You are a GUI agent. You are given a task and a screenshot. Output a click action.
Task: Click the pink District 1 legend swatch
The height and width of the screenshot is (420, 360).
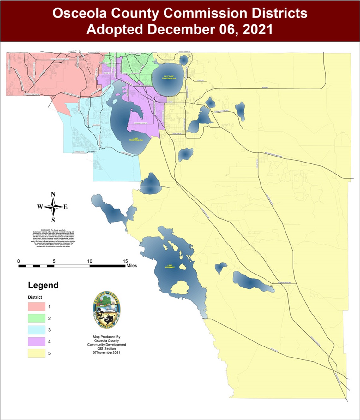tap(37, 306)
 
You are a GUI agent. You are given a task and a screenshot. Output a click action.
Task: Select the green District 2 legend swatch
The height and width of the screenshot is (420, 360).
tap(37, 318)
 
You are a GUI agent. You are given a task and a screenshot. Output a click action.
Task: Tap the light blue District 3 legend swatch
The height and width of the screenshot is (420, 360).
tap(37, 330)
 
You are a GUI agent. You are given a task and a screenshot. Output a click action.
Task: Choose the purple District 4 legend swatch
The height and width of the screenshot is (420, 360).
tap(37, 342)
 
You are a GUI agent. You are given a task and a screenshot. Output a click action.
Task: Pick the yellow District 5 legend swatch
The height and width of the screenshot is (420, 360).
tap(37, 353)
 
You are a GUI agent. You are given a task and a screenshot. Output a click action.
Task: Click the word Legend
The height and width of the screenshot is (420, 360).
tap(43, 285)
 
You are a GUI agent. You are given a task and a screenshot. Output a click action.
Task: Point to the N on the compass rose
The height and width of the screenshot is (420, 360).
tap(53, 194)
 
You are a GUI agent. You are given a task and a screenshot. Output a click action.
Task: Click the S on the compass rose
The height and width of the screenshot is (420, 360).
tap(53, 220)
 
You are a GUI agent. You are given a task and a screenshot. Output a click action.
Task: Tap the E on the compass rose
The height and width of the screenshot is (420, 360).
tap(66, 207)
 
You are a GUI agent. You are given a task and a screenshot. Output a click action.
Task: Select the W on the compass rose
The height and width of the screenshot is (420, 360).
tap(40, 207)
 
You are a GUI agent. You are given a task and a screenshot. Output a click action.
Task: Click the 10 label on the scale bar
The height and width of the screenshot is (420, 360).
tap(90, 261)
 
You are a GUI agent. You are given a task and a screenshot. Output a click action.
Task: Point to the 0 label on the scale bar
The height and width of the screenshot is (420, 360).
tap(19, 261)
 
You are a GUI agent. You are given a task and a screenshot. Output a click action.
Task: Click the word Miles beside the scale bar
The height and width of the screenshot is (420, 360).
tap(132, 266)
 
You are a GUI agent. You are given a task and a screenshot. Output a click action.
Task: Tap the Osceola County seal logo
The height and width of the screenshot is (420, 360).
tap(106, 310)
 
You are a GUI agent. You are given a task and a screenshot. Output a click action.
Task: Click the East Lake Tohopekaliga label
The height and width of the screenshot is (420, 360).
tap(168, 77)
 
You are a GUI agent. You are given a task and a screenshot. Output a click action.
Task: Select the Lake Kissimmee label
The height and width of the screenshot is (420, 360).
tap(170, 266)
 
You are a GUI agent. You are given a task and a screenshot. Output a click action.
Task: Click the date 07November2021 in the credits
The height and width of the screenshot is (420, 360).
tap(106, 352)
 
